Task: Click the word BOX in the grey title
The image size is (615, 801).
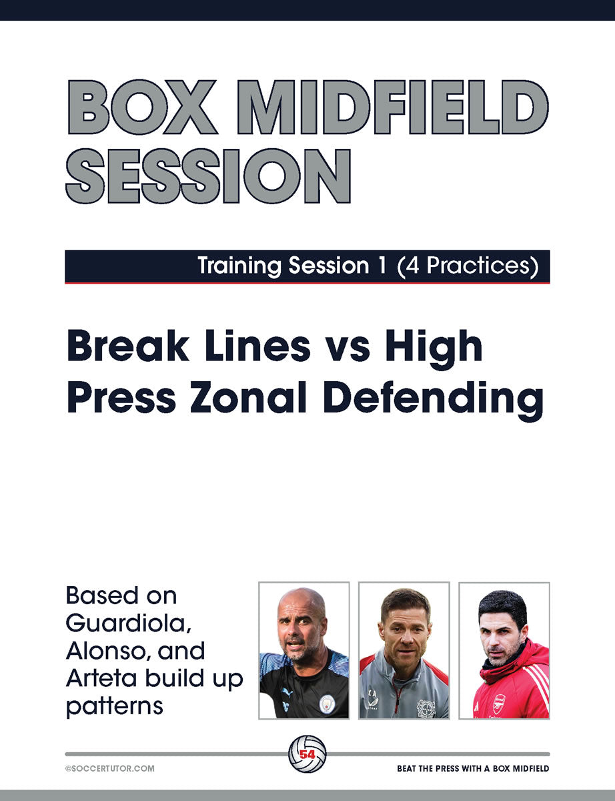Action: [x=142, y=107]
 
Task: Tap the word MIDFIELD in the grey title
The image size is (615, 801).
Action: [x=393, y=107]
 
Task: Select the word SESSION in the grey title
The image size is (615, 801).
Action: [x=208, y=176]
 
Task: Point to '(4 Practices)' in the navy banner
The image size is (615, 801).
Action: [x=468, y=266]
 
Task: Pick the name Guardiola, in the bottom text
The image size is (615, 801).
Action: [x=129, y=623]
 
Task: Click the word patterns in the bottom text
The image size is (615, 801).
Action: [x=115, y=706]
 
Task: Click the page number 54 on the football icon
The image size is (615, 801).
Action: [x=307, y=754]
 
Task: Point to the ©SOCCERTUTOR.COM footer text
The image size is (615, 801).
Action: [x=110, y=768]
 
